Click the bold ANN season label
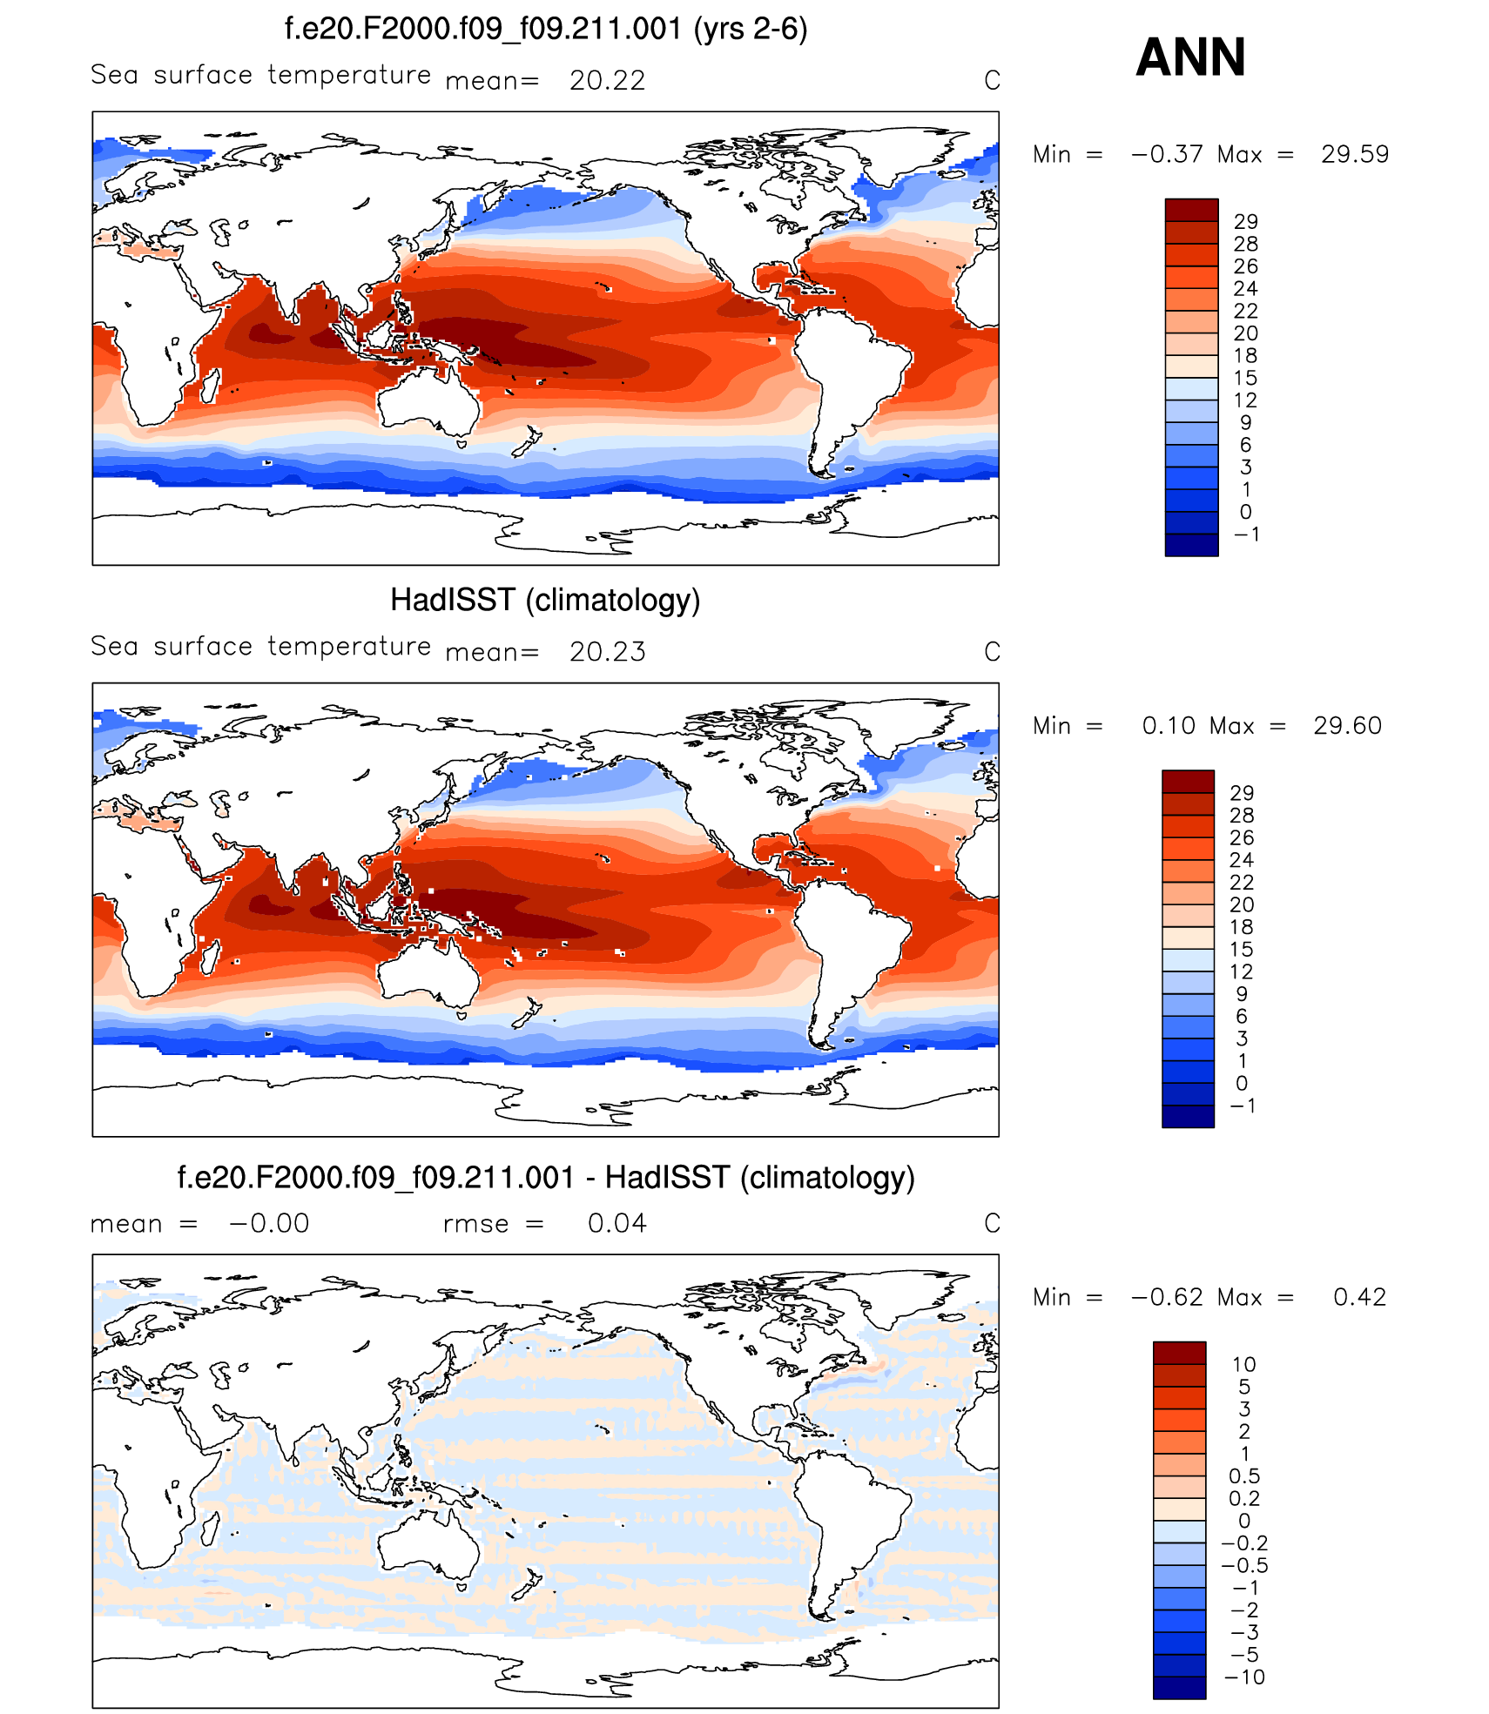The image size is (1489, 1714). (x=1190, y=57)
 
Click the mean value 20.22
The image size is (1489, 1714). (x=607, y=81)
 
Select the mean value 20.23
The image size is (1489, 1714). (x=607, y=652)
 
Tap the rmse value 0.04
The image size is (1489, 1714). (x=616, y=1224)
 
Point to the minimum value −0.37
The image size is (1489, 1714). (x=1166, y=155)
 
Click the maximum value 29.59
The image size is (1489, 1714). (x=1354, y=155)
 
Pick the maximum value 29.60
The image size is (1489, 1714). (x=1347, y=726)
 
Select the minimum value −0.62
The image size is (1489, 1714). (x=1166, y=1298)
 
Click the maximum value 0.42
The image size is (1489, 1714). (x=1359, y=1298)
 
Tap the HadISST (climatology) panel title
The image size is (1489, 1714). (x=545, y=601)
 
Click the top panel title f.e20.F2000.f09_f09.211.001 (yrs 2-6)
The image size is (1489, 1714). (x=546, y=30)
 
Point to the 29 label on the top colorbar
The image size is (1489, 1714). (x=1245, y=222)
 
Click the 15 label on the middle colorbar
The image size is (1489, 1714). (x=1242, y=950)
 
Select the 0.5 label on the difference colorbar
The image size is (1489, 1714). (x=1244, y=1476)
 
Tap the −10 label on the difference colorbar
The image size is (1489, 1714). (x=1244, y=1677)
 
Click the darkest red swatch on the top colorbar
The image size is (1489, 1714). (x=1191, y=210)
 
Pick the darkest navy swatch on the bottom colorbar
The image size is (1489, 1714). (x=1179, y=1688)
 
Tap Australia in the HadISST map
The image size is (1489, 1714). (x=427, y=973)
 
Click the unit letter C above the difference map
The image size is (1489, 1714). (x=992, y=1224)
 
